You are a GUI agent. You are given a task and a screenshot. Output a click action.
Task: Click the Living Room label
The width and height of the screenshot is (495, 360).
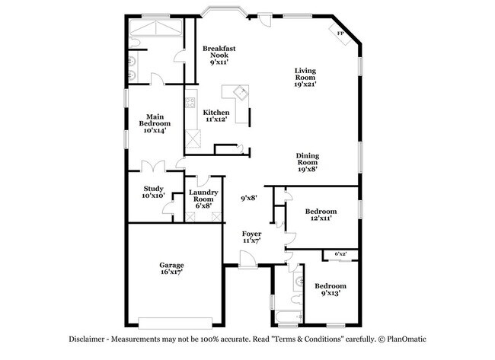pos(305,78)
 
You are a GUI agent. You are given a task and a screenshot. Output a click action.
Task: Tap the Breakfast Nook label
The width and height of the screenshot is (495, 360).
pos(219,55)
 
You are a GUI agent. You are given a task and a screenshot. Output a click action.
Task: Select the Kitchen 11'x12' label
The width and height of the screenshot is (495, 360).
pos(216,116)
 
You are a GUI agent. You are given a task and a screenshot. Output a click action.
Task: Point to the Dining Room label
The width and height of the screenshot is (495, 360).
pos(306,162)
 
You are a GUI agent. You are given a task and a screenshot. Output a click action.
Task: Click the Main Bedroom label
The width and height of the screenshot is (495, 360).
pos(154,123)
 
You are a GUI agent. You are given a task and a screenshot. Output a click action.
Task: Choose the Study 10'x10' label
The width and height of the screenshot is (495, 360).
pos(154,192)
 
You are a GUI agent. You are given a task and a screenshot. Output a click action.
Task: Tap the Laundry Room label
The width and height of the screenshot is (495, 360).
pos(203,199)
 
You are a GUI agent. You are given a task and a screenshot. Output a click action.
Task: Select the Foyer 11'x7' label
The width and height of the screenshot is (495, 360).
pos(251,237)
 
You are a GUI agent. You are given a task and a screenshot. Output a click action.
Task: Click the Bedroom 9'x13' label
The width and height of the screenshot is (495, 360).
pos(331,289)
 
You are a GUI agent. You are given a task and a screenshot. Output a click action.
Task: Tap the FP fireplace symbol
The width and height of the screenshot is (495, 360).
pos(340,34)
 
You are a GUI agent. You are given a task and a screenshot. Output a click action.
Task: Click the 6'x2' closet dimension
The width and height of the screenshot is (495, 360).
pos(340,253)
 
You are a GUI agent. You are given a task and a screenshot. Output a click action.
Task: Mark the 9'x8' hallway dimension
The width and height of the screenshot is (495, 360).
pos(249,198)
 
